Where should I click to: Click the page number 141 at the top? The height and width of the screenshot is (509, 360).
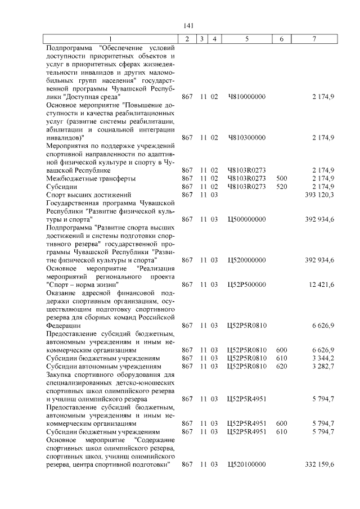[188, 26]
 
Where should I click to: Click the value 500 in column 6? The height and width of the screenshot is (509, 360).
[282, 178]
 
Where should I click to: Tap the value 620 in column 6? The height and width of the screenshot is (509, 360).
[282, 366]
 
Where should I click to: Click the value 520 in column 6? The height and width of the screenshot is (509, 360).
[282, 186]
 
